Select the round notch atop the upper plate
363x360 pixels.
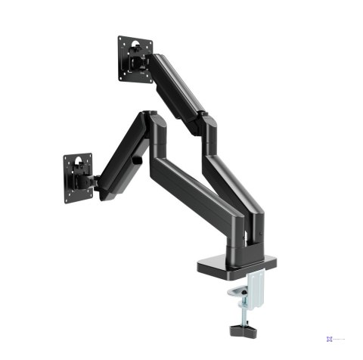(x=135, y=39)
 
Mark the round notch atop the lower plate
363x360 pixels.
(x=78, y=157)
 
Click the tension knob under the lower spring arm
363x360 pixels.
(x=137, y=161)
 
